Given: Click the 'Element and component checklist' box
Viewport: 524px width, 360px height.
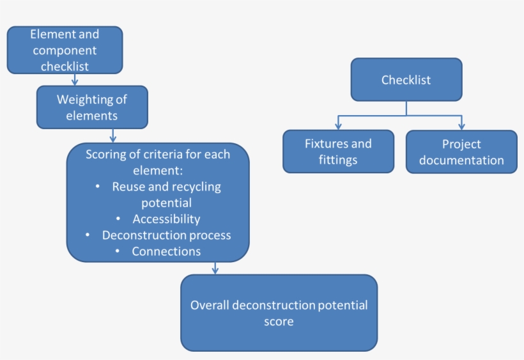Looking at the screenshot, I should click(65, 50).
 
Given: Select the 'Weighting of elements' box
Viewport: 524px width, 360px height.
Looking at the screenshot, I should click(92, 107).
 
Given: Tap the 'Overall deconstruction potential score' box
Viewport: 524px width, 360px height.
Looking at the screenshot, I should click(279, 313).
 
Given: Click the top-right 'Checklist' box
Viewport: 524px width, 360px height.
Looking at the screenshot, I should click(406, 80).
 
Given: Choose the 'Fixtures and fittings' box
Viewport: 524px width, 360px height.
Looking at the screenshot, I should click(338, 152).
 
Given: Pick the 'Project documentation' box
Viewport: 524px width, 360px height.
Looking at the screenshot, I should click(461, 152).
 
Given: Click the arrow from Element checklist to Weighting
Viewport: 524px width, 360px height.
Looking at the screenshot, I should click(75, 79).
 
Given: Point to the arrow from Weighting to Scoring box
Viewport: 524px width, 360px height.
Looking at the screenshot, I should click(113, 136).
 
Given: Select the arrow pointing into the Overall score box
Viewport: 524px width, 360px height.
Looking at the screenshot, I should click(215, 268).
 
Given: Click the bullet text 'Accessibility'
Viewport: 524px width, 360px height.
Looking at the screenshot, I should click(166, 219).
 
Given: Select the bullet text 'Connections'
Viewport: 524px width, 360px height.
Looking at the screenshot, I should click(166, 251).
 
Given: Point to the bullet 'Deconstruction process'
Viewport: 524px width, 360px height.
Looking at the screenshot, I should click(166, 235).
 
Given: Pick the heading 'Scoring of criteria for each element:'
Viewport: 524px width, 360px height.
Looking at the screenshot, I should click(158, 162).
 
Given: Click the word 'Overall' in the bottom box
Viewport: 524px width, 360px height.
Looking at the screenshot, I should click(210, 305).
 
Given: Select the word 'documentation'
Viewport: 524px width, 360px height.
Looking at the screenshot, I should click(461, 160).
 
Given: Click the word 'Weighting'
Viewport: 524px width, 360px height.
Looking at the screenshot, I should click(82, 100).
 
